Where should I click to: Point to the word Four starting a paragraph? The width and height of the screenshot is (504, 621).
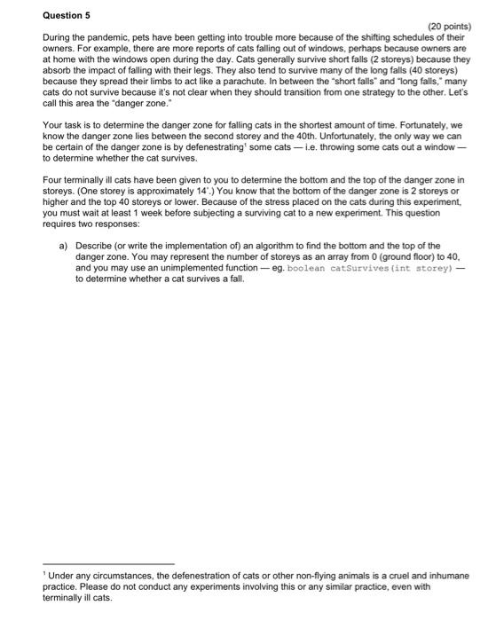[x=52, y=178]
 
